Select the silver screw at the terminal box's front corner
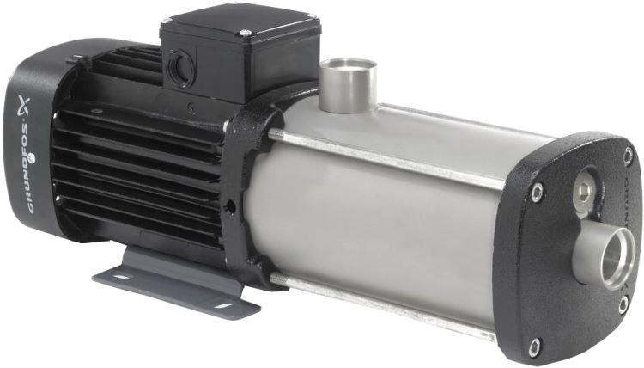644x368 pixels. click(245, 33)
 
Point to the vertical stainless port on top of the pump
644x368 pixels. click(348, 85)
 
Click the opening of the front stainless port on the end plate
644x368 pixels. click(613, 258)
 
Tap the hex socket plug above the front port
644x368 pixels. click(585, 190)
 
